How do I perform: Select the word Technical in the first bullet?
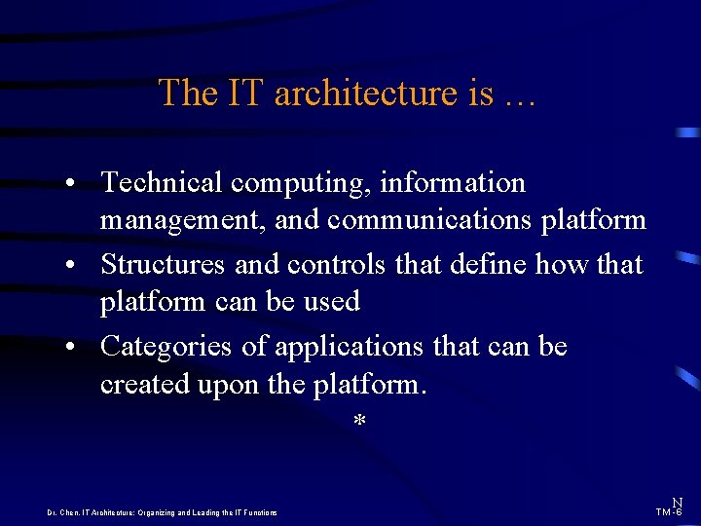point(162,182)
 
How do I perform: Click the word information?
point(453,182)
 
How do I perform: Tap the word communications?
point(427,220)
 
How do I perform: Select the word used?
point(333,302)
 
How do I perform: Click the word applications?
point(348,348)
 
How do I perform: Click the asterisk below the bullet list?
point(359,422)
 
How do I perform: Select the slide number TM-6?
point(669,511)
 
